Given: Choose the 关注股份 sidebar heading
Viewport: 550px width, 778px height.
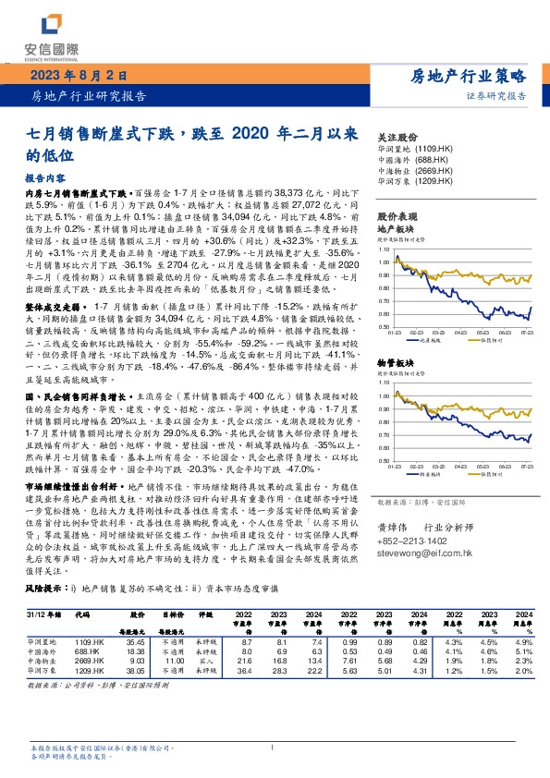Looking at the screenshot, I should [398, 135].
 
